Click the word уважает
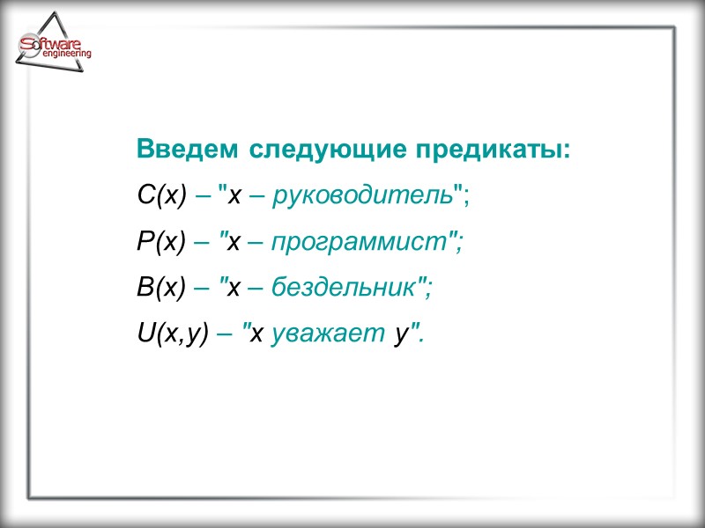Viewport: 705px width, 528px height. (x=328, y=334)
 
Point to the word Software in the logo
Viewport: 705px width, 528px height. (x=52, y=42)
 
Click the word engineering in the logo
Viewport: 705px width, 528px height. (x=66, y=55)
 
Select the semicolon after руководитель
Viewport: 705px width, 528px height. (x=466, y=199)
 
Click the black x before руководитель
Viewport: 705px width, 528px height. (x=234, y=196)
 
